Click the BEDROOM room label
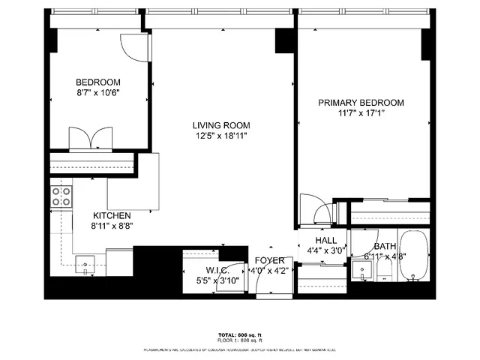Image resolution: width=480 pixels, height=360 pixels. [98, 82]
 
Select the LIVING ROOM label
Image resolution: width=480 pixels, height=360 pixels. [220, 125]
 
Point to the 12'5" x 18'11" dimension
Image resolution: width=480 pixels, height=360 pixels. [220, 136]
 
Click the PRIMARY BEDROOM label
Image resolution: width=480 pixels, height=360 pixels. [361, 103]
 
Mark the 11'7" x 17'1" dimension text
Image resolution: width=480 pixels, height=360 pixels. [361, 113]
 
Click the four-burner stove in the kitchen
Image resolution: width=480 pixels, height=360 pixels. [61, 196]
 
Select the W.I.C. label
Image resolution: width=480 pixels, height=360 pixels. [217, 270]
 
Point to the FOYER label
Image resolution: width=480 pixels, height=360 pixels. [270, 260]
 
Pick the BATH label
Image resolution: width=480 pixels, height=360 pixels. [385, 246]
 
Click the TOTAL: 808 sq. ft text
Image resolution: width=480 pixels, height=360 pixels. [239, 336]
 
